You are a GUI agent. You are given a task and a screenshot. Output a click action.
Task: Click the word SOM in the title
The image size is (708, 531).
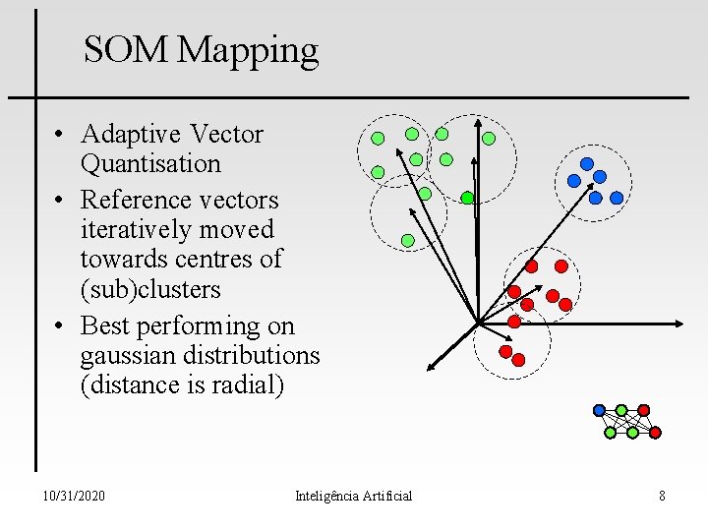click(127, 49)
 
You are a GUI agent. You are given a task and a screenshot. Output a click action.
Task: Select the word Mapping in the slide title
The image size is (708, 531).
click(249, 51)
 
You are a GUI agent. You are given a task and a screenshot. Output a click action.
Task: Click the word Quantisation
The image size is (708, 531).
click(150, 163)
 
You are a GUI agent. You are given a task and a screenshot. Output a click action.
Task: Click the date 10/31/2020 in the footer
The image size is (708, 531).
click(75, 496)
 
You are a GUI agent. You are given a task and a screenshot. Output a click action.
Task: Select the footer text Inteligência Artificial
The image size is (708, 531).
click(353, 496)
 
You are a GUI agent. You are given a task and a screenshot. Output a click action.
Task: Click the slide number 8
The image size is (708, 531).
click(662, 496)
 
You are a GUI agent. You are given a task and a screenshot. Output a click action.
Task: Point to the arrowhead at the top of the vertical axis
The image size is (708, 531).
click(477, 125)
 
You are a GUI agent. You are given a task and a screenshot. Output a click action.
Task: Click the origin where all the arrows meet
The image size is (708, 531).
click(477, 323)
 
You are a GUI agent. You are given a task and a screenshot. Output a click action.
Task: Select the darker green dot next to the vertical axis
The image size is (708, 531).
click(467, 198)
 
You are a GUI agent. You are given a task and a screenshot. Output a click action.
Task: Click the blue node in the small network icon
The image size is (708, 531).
click(599, 410)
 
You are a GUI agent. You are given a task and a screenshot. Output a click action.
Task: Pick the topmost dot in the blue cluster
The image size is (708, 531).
click(587, 163)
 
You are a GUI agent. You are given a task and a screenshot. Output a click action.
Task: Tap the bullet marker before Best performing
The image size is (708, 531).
click(61, 325)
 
